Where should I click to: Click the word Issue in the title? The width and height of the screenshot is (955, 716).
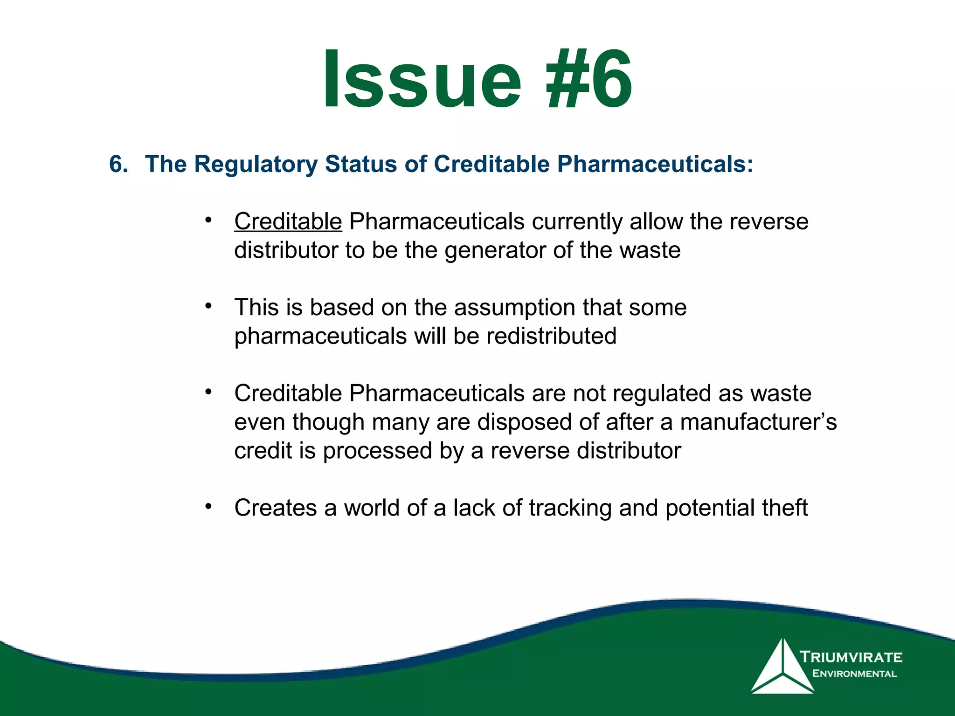422,79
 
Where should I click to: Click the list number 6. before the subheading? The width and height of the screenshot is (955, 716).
118,164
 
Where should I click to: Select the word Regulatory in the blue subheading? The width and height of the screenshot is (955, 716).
256,164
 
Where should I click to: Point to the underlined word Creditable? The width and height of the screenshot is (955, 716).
288,221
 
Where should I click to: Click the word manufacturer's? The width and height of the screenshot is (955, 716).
758,422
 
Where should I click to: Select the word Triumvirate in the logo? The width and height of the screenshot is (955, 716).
851,657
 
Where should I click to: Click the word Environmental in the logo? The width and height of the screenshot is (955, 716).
854,674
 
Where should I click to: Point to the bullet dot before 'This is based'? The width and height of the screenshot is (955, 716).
208,306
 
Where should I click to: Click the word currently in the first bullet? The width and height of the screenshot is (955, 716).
577,221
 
